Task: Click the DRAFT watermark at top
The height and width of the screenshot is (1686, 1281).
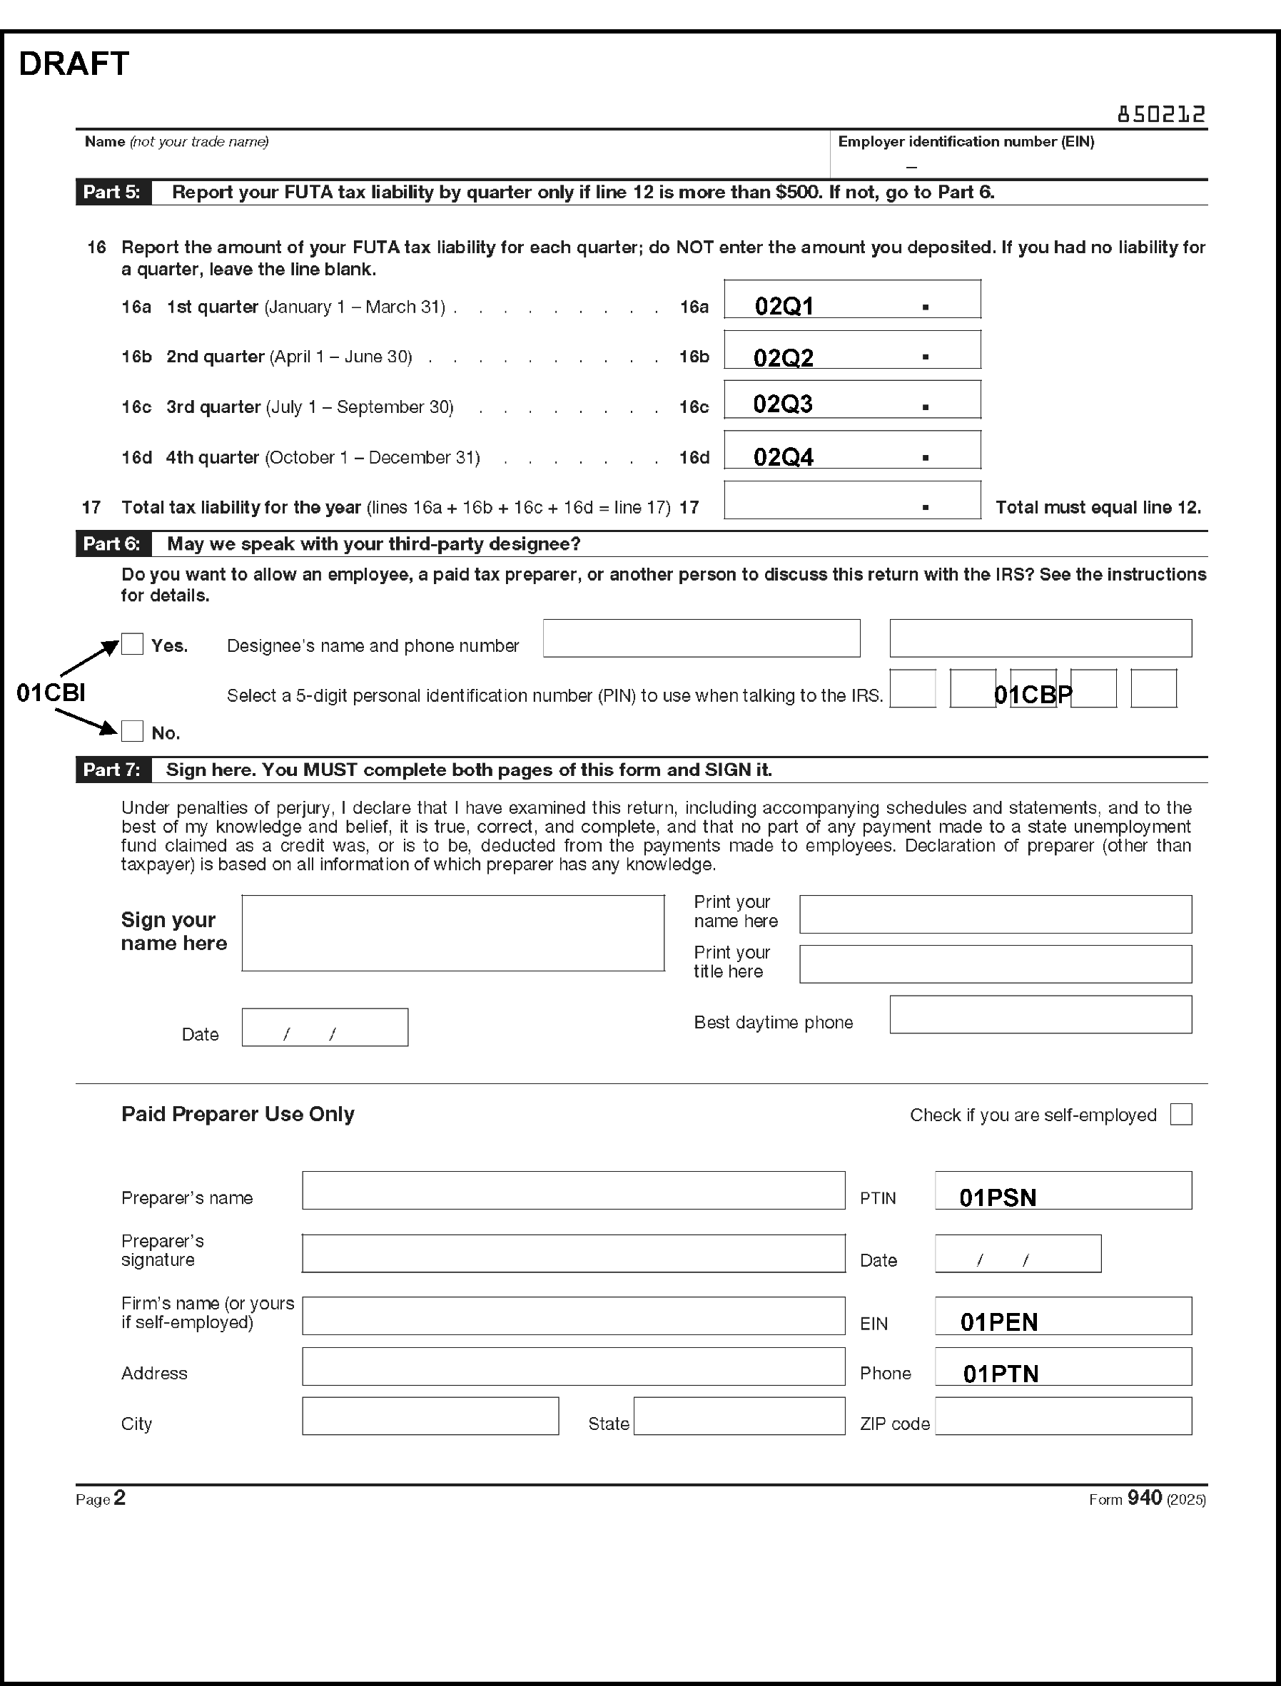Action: pyautogui.click(x=74, y=64)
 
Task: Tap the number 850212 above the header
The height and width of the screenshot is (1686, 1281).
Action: pyautogui.click(x=1160, y=114)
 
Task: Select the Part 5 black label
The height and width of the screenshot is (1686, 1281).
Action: pyautogui.click(x=113, y=192)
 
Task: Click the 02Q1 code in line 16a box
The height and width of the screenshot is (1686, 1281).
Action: pyautogui.click(x=784, y=307)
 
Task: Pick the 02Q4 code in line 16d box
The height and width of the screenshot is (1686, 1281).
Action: pyautogui.click(x=783, y=456)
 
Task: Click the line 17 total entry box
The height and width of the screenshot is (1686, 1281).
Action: pyautogui.click(x=851, y=500)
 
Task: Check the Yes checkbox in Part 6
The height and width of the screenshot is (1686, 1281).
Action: pyautogui.click(x=133, y=644)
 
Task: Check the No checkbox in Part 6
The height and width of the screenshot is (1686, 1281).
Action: pyautogui.click(x=133, y=731)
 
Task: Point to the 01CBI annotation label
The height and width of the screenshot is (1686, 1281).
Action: pyautogui.click(x=51, y=692)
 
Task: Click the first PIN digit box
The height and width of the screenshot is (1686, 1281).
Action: pyautogui.click(x=913, y=688)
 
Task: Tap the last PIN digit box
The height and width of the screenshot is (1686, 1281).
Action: pyautogui.click(x=1153, y=688)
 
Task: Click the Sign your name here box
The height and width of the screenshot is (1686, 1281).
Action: pyautogui.click(x=453, y=933)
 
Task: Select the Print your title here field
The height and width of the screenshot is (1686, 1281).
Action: pyautogui.click(x=995, y=964)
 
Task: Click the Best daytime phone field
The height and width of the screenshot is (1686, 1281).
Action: pyautogui.click(x=1040, y=1014)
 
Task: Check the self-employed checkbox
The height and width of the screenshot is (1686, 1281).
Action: pyautogui.click(x=1180, y=1114)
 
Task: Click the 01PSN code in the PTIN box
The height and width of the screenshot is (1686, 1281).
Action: pyautogui.click(x=998, y=1197)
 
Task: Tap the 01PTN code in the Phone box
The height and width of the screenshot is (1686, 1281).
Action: pyautogui.click(x=1001, y=1374)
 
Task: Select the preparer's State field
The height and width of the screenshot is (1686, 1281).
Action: pyautogui.click(x=739, y=1416)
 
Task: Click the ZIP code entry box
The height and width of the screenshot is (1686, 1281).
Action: pyautogui.click(x=1063, y=1416)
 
